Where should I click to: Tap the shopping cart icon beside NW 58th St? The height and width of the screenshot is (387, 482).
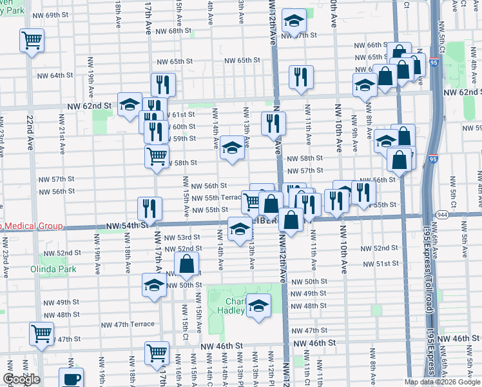157,156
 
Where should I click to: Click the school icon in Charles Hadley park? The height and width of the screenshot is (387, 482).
259,306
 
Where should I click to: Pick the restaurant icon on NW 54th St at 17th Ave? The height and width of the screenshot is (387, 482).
149,208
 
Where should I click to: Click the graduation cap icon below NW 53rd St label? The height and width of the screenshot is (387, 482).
240,228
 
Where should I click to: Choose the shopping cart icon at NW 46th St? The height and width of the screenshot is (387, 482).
157,353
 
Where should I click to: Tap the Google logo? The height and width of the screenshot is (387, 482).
21,379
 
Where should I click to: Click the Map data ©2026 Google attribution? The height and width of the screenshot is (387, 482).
442,382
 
